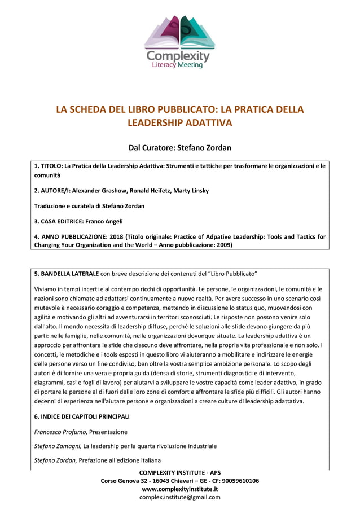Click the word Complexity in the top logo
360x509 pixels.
[178, 57]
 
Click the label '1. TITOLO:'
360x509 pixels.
[48, 166]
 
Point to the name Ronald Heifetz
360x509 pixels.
[143, 191]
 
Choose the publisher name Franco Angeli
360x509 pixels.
[105, 221]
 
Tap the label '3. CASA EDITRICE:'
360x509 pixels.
[60, 221]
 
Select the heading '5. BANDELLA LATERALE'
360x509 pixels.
[67, 274]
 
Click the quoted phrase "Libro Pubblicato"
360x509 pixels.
[233, 274]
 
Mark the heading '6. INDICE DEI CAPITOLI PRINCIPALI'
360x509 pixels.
[82, 416]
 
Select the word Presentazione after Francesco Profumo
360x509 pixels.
[108, 432]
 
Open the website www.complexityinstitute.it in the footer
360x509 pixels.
[179, 489]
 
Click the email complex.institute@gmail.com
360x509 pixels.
[179, 497]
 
